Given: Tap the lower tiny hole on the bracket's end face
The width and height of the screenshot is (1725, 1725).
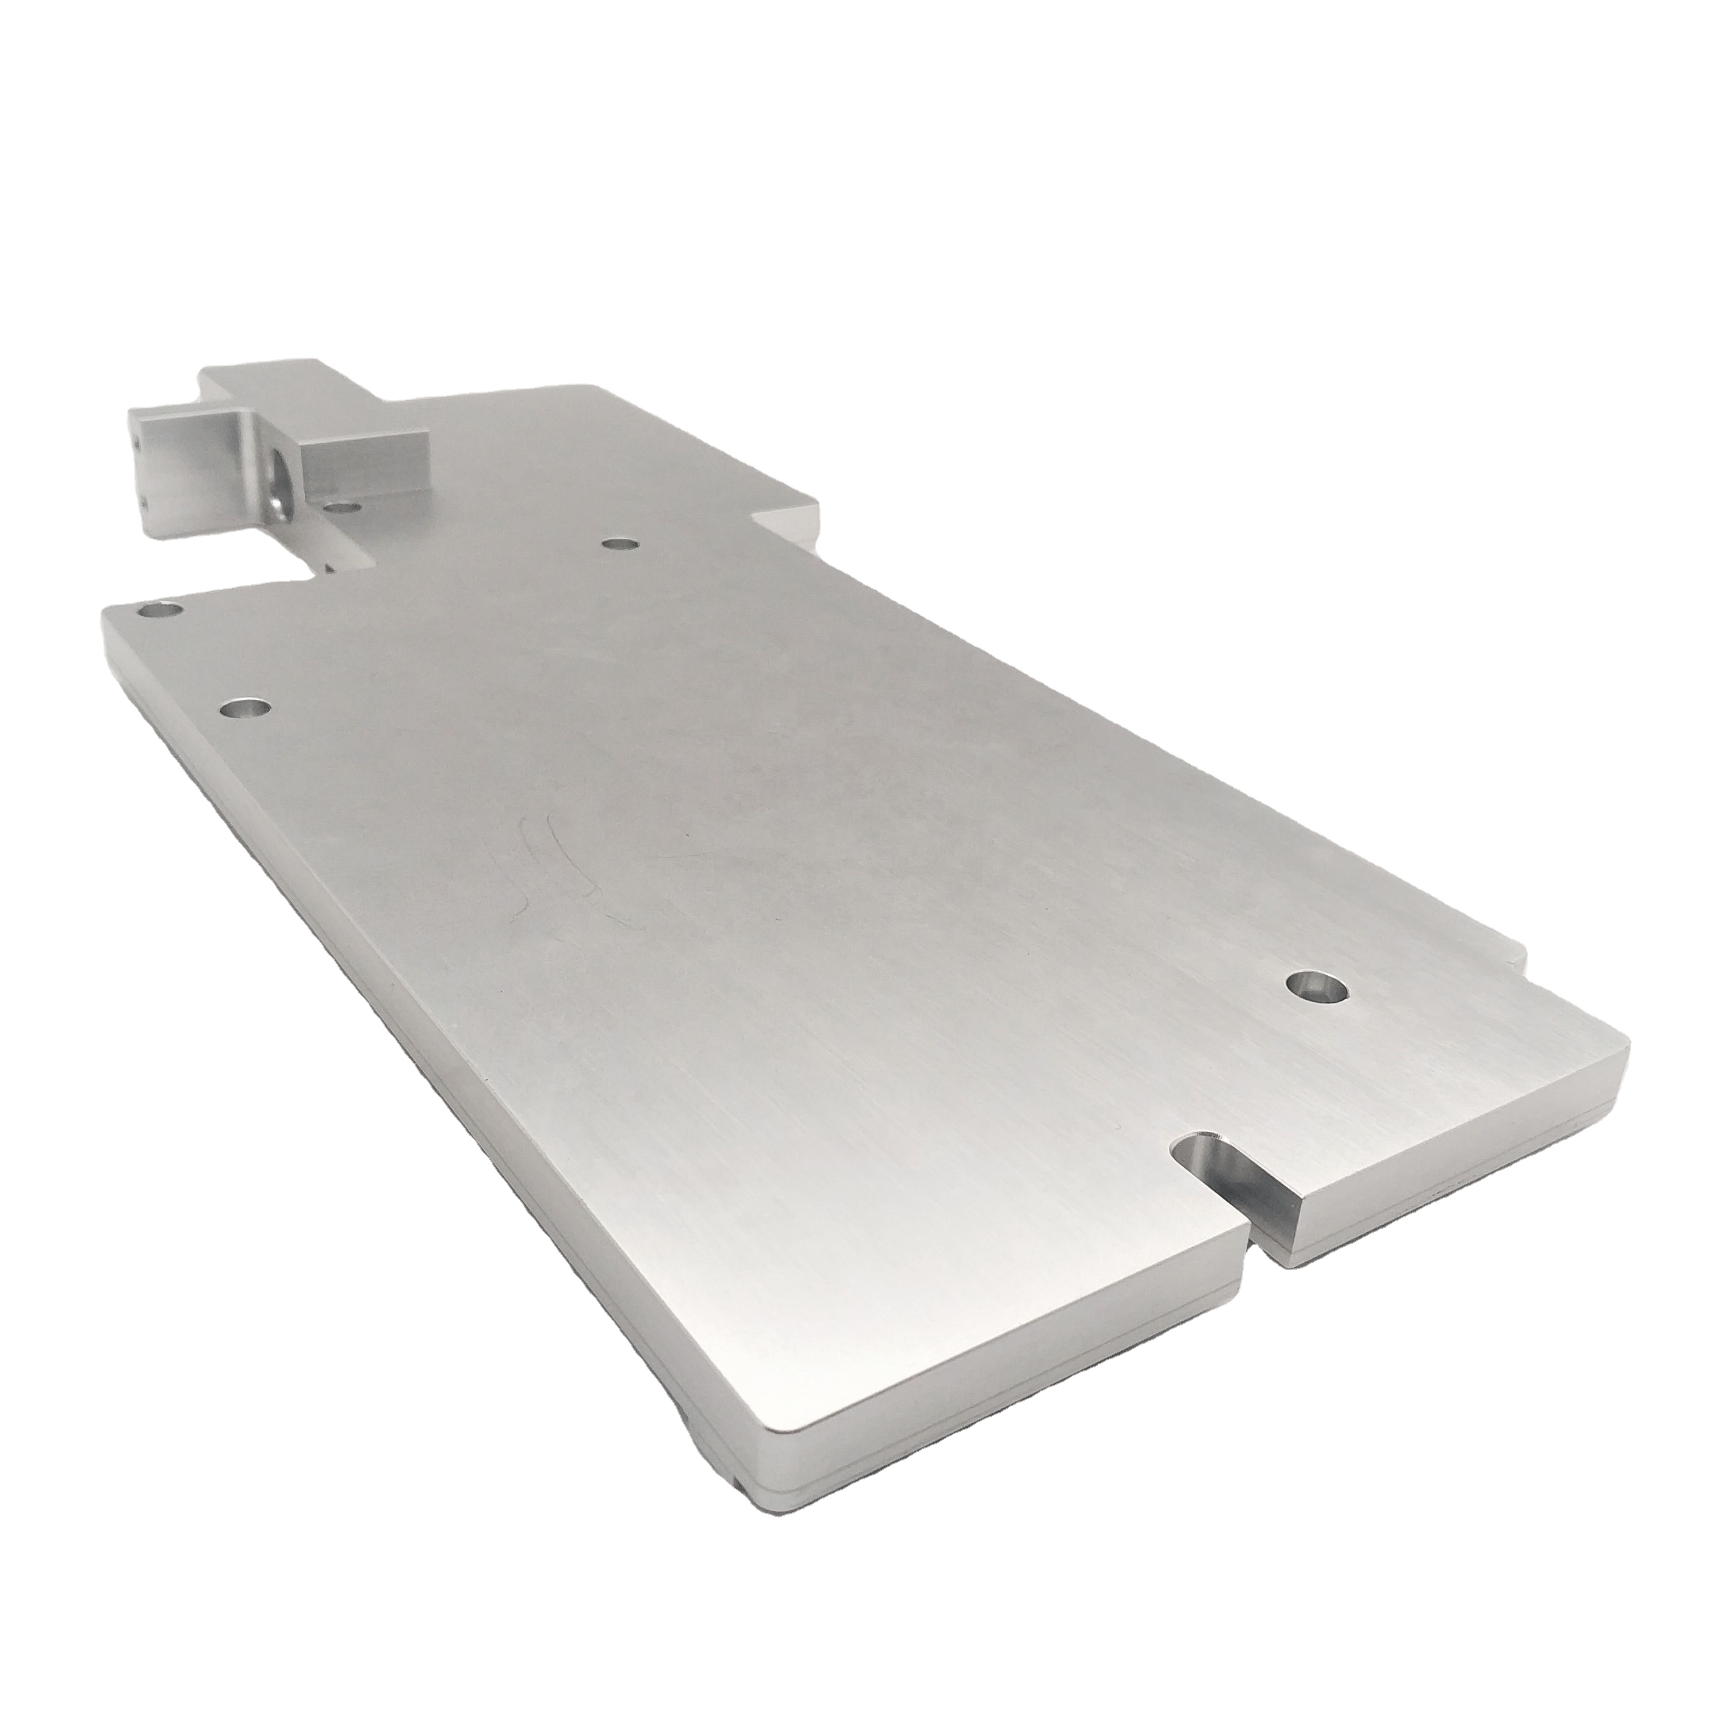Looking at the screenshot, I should (143, 503).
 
